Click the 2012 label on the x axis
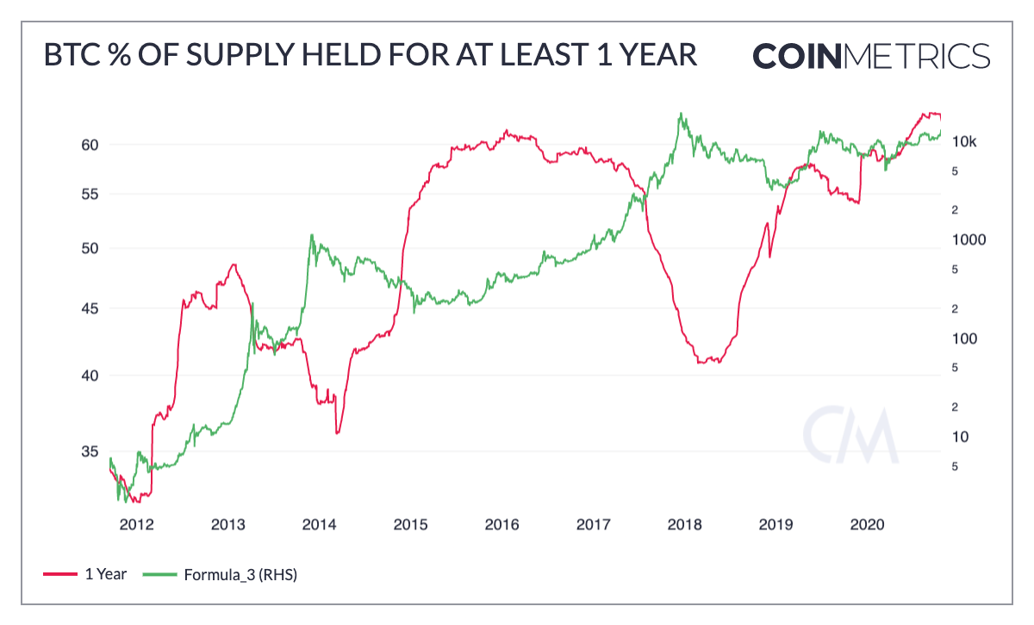click(136, 525)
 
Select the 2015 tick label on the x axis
click(410, 525)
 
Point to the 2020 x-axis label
click(867, 525)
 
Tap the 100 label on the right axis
click(962, 338)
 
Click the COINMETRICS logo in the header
click(871, 55)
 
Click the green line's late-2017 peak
click(681, 113)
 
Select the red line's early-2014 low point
click(337, 432)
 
